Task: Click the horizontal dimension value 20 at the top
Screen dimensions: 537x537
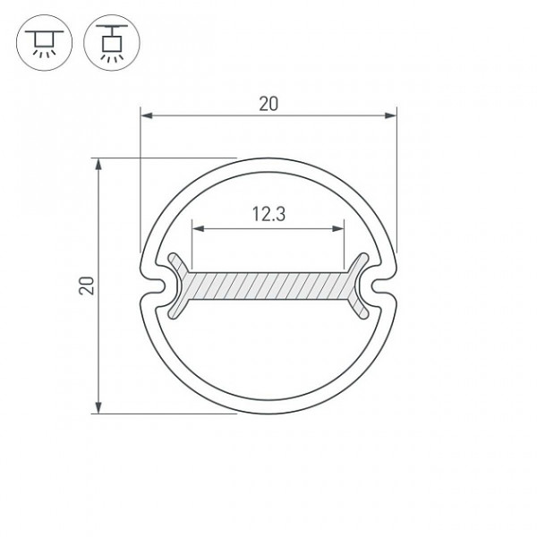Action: [x=268, y=104]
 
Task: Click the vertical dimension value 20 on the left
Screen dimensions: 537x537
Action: [x=86, y=286]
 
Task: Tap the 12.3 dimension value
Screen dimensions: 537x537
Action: [x=268, y=214]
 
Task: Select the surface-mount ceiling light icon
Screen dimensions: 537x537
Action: [x=44, y=43]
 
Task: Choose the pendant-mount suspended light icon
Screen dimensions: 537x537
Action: [x=112, y=43]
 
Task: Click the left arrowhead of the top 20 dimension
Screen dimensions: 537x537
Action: [x=146, y=115]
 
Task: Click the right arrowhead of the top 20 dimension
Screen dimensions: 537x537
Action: [x=391, y=115]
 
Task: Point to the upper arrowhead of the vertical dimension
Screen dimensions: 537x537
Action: [x=98, y=164]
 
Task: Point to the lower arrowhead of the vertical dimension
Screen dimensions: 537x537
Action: [x=98, y=407]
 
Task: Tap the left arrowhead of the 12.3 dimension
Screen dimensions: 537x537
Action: [x=199, y=228]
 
